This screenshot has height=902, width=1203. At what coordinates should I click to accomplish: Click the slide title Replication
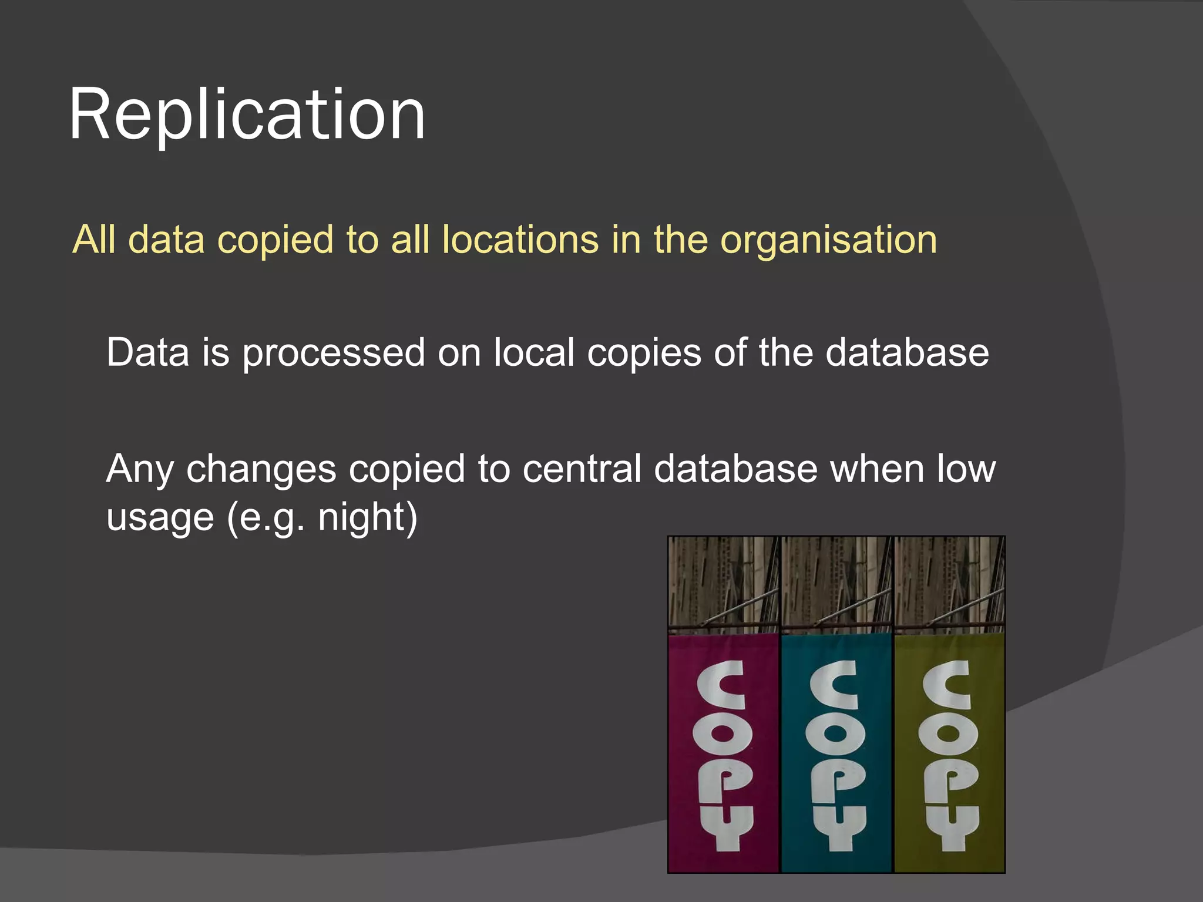(x=247, y=114)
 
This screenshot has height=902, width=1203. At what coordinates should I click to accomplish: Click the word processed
(x=334, y=354)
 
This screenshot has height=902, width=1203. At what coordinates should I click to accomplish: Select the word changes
(x=261, y=470)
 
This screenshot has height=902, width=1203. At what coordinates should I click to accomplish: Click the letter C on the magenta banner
(x=722, y=684)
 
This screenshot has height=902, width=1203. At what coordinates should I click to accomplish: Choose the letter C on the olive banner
(x=947, y=684)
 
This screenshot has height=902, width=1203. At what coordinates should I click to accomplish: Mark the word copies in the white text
(x=644, y=354)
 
